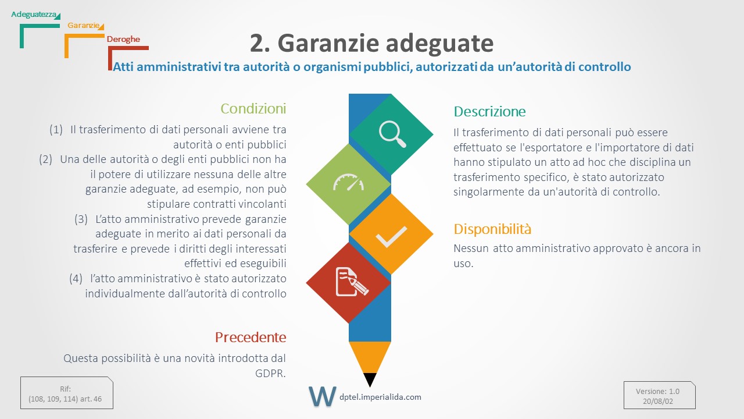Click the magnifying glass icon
pos(392,134)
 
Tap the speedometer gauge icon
pos(348,182)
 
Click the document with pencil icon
pos(352,282)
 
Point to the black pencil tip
pos(370,379)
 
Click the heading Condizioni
pos(253,108)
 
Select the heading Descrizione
pos(489,111)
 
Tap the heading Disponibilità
pos(492,229)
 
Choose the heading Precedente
pos(251,337)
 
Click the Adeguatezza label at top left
pos(34,15)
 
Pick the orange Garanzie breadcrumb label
pos(83,25)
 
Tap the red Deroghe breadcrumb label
pos(123,39)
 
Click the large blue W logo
pos(322,396)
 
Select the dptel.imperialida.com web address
pos(380,397)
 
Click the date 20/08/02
pos(658,401)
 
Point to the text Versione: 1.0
pos(657,391)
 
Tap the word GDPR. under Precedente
pos(270,374)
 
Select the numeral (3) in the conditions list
pos(81,219)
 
